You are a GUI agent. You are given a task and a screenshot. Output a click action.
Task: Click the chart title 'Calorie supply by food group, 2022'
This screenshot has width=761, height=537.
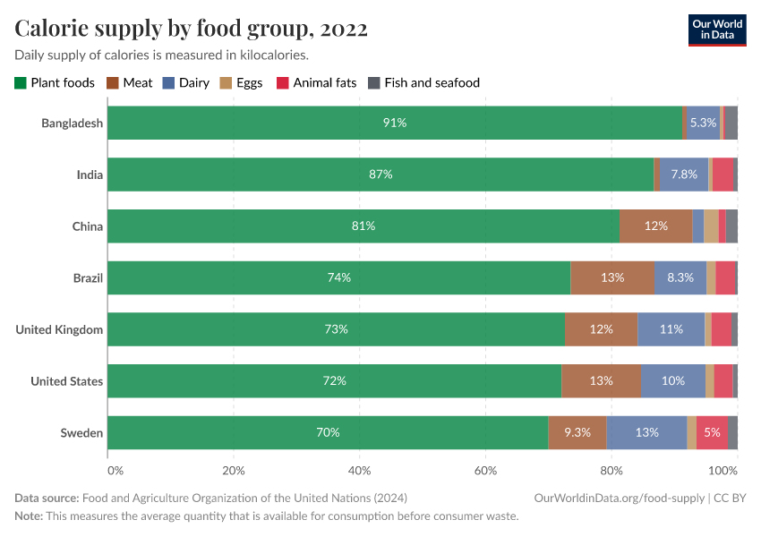click(192, 29)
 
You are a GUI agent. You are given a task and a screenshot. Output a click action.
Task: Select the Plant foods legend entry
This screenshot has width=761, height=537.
click(55, 82)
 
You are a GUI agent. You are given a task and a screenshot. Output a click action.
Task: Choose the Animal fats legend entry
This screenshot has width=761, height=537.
click(318, 82)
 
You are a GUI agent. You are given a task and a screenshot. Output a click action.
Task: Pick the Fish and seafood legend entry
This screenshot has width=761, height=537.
click(424, 82)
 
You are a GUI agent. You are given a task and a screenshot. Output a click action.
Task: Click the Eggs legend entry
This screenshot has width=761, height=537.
click(242, 82)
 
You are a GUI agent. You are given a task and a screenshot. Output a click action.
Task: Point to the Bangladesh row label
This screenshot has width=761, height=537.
click(72, 123)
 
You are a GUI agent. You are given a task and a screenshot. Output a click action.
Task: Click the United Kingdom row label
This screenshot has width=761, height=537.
click(59, 329)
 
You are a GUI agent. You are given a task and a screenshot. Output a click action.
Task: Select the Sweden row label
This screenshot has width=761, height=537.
click(81, 433)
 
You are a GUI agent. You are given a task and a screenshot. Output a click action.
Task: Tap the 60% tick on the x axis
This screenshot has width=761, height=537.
click(485, 470)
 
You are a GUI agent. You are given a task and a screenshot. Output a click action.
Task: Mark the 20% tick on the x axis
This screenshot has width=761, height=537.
click(233, 470)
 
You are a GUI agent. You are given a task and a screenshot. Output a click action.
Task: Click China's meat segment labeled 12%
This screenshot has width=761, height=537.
click(656, 226)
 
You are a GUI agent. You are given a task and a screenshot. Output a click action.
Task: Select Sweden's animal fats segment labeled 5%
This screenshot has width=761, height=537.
click(712, 433)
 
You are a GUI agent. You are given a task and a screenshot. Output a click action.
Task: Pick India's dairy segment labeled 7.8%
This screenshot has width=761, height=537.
click(684, 175)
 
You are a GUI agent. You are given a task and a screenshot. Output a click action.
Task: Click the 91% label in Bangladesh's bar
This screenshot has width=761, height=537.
click(395, 123)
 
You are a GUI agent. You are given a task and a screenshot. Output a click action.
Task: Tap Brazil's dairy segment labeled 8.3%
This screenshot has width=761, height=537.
click(680, 277)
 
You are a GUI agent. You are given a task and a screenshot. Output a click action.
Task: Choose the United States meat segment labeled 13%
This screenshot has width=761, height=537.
click(601, 381)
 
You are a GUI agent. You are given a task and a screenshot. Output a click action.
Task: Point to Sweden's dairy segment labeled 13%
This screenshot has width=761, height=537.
click(646, 433)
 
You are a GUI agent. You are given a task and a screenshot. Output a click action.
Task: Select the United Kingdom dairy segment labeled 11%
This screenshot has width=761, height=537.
click(671, 329)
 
